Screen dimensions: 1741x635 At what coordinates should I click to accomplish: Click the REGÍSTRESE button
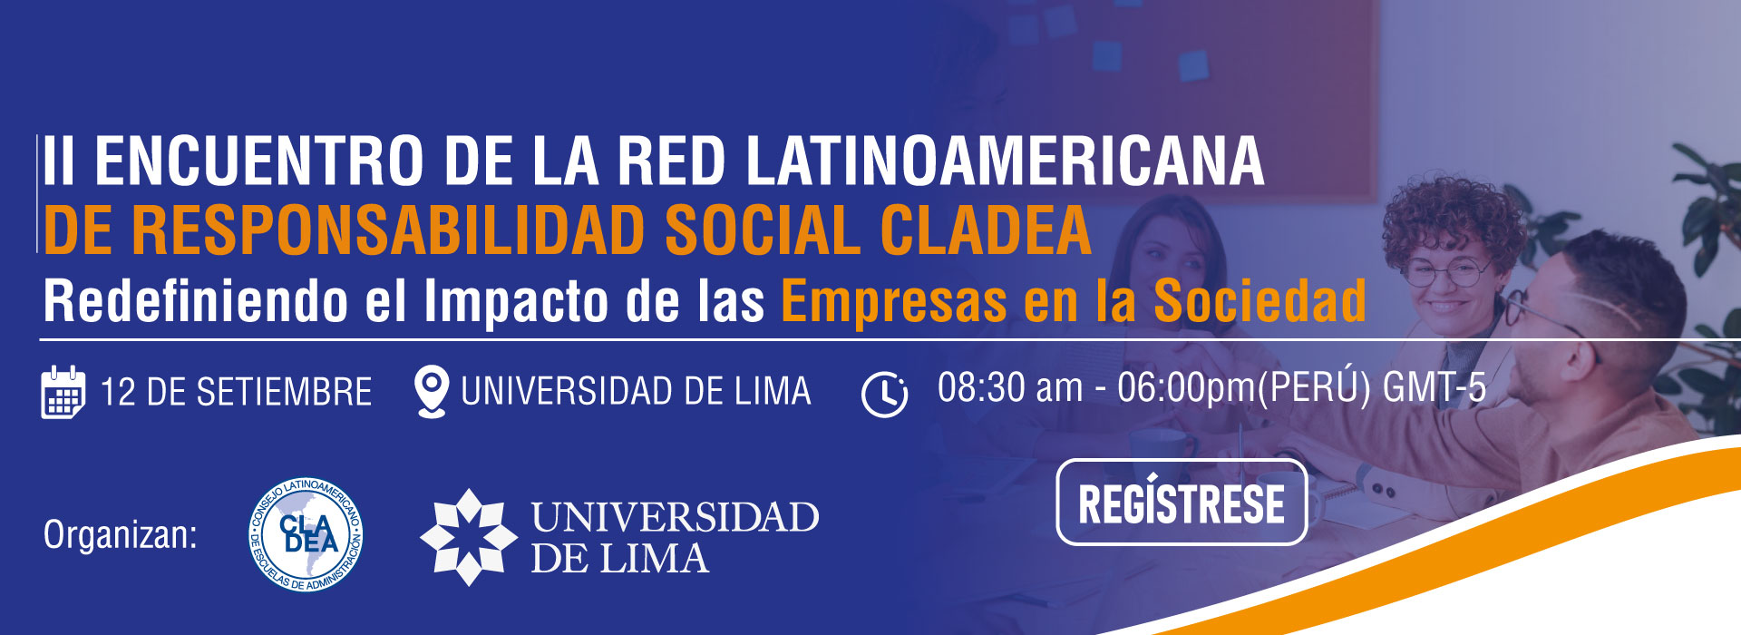[1182, 503]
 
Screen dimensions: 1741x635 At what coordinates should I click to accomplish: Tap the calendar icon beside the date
[63, 392]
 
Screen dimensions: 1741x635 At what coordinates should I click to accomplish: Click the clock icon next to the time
[884, 394]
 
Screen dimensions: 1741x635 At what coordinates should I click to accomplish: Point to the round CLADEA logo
[306, 535]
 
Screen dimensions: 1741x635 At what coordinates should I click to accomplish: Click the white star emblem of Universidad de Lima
[468, 537]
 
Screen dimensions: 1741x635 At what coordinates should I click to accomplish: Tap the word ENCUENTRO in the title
[258, 161]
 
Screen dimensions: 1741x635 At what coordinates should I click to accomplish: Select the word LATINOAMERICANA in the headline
[1005, 161]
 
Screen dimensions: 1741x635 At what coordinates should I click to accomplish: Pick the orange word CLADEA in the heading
[986, 230]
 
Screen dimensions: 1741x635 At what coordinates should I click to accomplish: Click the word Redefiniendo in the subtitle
[196, 301]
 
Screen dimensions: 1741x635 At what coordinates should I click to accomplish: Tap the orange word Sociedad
[1260, 301]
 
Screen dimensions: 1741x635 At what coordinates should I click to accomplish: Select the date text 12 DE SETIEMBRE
[236, 393]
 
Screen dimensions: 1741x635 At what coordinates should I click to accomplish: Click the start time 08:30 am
[1010, 387]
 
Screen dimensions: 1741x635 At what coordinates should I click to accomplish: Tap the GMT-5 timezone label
[1435, 387]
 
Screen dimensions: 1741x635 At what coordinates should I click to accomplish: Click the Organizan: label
[121, 535]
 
